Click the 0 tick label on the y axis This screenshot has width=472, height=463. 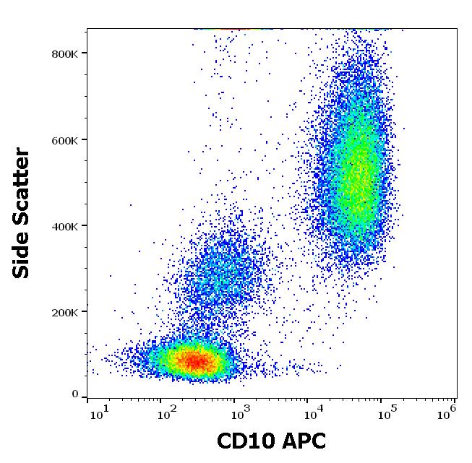(74, 394)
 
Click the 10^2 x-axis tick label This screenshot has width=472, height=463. (166, 412)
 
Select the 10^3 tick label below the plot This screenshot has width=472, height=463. (240, 412)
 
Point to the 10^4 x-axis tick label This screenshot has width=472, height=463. (313, 412)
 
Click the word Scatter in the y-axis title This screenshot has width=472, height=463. (22, 184)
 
